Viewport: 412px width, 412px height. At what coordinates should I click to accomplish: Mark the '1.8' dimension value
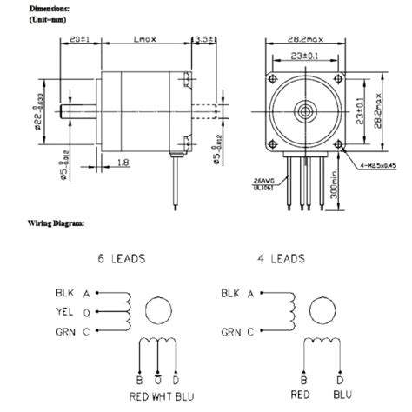coord(123,162)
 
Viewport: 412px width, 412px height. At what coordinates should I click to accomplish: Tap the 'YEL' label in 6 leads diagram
coord(64,311)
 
